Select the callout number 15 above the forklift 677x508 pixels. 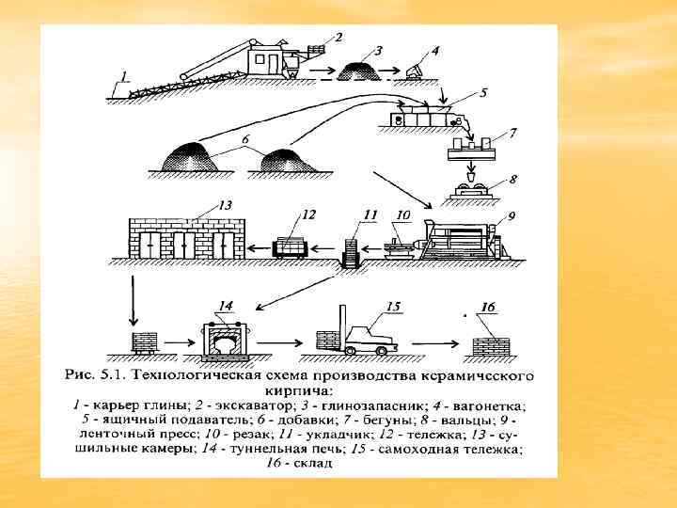(x=392, y=306)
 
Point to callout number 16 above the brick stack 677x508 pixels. (x=488, y=307)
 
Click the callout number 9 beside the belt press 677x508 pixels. (x=512, y=215)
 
